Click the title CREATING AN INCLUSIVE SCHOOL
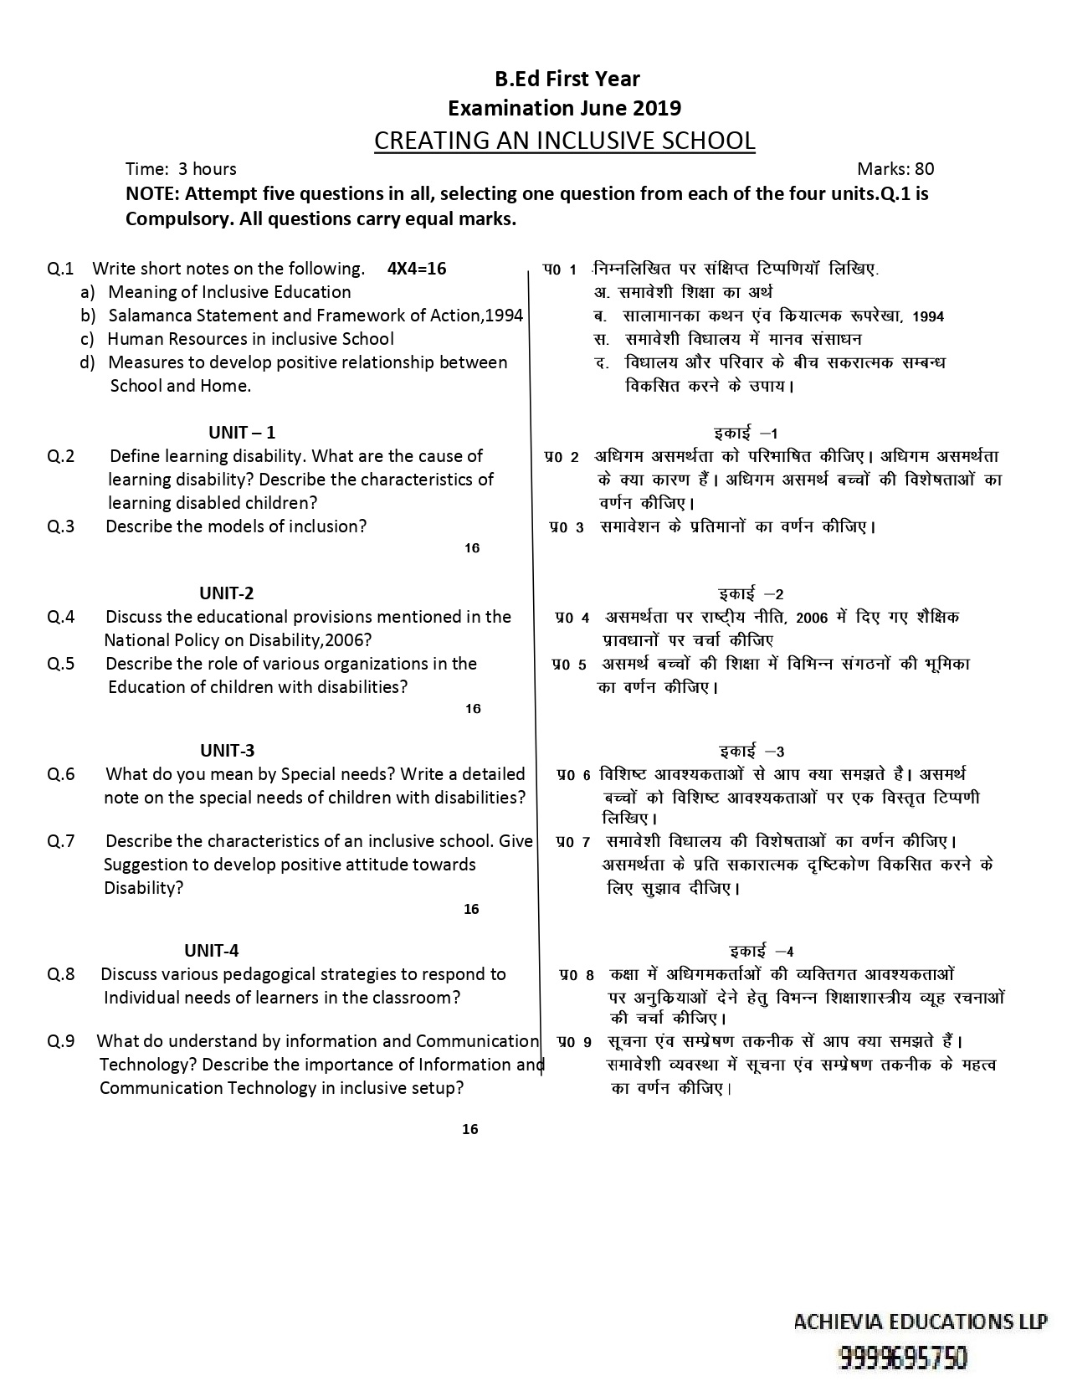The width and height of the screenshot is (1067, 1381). click(x=564, y=141)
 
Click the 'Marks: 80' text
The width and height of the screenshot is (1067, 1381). click(x=895, y=169)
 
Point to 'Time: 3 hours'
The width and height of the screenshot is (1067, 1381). click(x=181, y=169)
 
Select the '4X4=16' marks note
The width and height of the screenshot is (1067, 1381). click(x=417, y=269)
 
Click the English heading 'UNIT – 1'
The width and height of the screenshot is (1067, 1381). click(x=242, y=433)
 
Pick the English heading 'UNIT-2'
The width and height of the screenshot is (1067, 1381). click(x=227, y=593)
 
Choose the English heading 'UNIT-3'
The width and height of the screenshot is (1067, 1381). click(x=227, y=751)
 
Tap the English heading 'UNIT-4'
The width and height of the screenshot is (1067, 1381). click(x=212, y=951)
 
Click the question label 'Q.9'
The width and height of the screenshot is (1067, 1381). click(x=61, y=1041)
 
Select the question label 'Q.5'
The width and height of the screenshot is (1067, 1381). click(x=61, y=664)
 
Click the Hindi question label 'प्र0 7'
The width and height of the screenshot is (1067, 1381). click(x=573, y=841)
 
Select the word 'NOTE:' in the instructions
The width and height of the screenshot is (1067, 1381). click(x=152, y=194)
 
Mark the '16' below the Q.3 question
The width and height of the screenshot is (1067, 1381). click(x=472, y=548)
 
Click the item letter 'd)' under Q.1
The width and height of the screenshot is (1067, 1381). click(x=88, y=362)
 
